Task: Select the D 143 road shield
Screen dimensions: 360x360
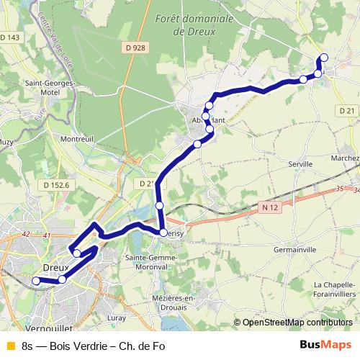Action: coord(11,37)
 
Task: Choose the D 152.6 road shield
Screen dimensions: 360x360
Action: coord(56,185)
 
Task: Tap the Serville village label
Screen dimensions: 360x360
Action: coord(300,164)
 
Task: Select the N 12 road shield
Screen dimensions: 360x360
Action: coord(269,207)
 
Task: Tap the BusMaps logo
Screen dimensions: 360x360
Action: coord(325,344)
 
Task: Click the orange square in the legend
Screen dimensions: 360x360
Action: coord(10,345)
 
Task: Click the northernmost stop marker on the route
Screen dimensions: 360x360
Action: coord(323,58)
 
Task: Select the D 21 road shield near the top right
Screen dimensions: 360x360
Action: coord(347,109)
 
